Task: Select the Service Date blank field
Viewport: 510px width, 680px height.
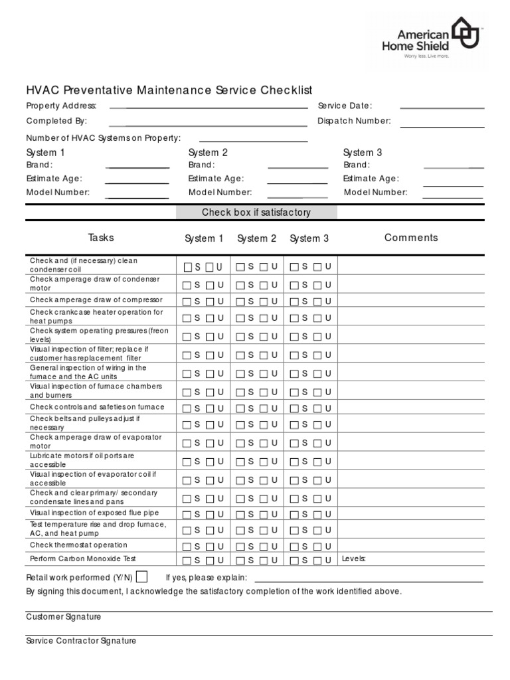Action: [442, 107]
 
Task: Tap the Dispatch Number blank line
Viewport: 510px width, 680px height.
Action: [442, 126]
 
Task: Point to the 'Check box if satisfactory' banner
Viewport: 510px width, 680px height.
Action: [256, 212]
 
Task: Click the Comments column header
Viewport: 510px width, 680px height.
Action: [411, 238]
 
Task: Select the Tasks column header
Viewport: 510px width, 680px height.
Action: [101, 238]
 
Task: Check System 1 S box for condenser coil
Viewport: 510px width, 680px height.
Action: [188, 267]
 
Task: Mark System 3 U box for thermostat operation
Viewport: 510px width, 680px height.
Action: [316, 547]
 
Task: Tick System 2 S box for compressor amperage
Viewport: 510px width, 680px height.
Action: [240, 301]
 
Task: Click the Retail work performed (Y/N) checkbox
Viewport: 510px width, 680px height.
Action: [141, 576]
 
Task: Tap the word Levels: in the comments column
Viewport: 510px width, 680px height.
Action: [354, 559]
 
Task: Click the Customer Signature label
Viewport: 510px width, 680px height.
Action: [64, 617]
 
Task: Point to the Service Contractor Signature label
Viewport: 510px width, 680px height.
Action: [81, 641]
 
